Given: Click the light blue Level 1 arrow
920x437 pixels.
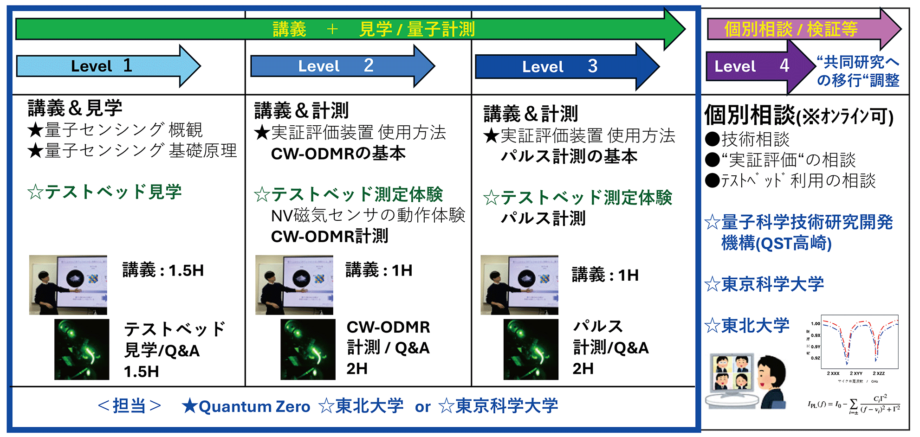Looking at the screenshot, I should tap(102, 66).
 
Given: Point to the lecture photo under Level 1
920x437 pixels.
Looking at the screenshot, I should tap(68, 284).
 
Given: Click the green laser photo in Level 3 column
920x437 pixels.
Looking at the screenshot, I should tap(531, 349).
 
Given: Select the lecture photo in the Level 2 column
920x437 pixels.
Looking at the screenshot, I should tap(294, 284).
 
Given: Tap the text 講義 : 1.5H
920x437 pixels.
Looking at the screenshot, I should tap(163, 270).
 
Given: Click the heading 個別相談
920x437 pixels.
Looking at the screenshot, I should tap(750, 115).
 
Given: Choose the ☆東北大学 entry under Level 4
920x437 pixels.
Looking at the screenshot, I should tap(747, 326).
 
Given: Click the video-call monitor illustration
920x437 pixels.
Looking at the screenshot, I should tap(731, 378).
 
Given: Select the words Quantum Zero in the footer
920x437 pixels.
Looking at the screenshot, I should tap(254, 406).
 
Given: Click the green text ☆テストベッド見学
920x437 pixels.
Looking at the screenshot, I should tap(104, 192).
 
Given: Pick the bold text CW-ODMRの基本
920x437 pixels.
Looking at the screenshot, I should tap(338, 154).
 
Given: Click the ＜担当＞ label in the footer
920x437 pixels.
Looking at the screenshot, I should tap(130, 406).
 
